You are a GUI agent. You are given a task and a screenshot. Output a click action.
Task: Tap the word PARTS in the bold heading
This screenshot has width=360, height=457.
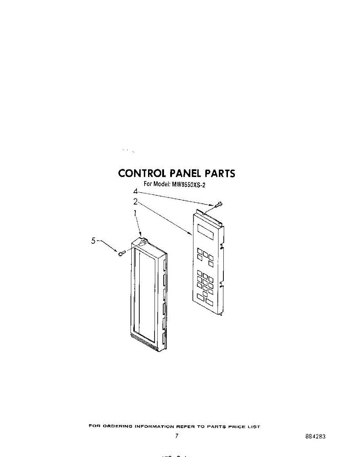220,174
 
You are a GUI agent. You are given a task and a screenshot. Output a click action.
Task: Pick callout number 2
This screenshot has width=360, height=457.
135,201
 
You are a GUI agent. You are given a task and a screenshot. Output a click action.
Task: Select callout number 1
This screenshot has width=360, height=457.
135,214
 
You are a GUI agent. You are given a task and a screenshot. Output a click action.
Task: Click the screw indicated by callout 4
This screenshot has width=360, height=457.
219,205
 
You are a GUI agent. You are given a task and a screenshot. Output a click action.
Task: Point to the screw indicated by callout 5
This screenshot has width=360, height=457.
121,253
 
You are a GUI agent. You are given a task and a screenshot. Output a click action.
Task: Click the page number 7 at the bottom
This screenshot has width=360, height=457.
177,436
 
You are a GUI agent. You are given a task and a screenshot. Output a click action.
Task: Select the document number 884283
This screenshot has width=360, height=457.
315,437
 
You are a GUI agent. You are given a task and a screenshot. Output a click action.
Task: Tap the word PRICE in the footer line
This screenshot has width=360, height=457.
237,427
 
